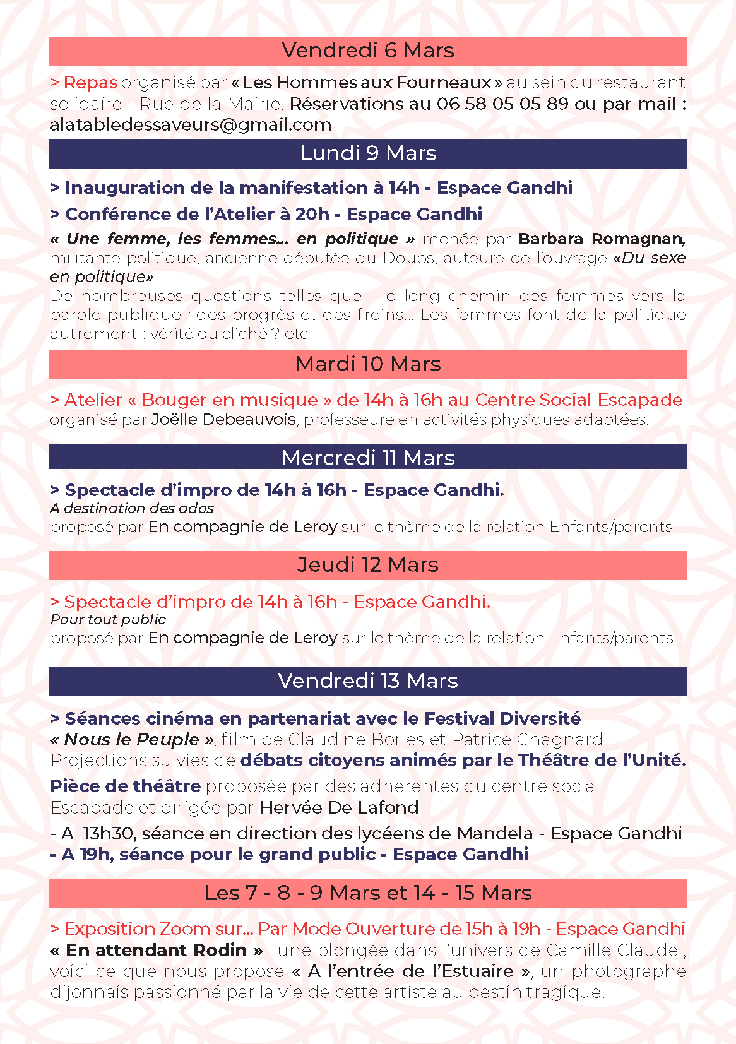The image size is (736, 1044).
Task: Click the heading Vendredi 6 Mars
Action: (367, 50)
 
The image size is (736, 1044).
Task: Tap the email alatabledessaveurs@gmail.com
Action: (191, 125)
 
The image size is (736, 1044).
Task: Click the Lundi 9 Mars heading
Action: (367, 153)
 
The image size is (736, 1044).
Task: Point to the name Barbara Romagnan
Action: (601, 239)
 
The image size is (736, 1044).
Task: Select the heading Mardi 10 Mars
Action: (367, 364)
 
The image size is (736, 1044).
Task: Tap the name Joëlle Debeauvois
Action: (223, 420)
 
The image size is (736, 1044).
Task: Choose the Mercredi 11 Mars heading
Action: (367, 458)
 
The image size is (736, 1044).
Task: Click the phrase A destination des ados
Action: (132, 508)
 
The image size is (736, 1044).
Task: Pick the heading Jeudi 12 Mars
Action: (367, 565)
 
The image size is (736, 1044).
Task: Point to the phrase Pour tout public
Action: (108, 619)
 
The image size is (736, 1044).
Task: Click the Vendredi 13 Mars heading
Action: (367, 681)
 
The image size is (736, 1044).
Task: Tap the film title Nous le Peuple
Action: (132, 739)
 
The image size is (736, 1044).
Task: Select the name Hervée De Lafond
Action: (339, 808)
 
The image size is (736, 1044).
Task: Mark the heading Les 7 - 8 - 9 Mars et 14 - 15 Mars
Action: (367, 893)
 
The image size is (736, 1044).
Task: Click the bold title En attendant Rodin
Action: (157, 951)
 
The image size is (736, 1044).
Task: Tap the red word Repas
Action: (90, 83)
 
